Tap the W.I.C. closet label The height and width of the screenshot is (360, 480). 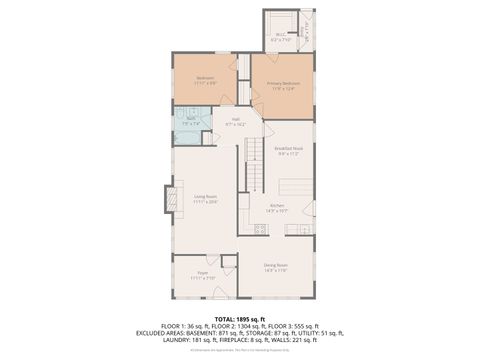280,34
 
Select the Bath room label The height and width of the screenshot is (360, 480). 192,119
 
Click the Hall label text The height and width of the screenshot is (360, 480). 236,119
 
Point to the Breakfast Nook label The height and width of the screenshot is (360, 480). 290,149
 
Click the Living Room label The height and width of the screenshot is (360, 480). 205,197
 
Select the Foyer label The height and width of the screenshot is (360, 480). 202,272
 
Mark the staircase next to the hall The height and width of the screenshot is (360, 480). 254,165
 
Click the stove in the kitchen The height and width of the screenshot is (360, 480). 259,229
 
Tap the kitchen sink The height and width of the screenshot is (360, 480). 297,229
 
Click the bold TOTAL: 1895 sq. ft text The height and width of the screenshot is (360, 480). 240,318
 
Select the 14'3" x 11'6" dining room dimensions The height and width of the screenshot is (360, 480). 276,270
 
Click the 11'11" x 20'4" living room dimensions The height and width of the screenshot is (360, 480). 205,202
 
